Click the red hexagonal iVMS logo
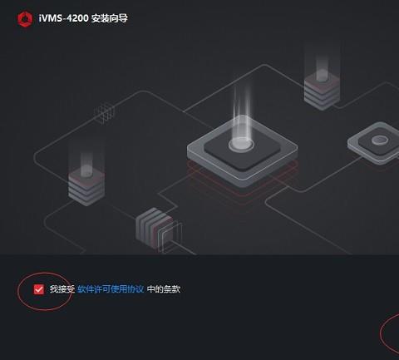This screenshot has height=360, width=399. coord(25,19)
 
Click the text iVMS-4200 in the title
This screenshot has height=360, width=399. coord(63,18)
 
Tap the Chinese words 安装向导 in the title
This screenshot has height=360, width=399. coord(110,18)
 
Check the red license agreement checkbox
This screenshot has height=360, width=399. coord(39,289)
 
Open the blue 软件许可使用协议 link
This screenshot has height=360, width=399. coord(111,289)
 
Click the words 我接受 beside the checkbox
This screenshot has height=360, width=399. coord(62,289)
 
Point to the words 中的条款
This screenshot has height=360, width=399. coord(164,289)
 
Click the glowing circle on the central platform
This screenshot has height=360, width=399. coord(241,145)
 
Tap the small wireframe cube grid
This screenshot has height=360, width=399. coord(104,113)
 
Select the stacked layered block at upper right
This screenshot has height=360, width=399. coord(322,91)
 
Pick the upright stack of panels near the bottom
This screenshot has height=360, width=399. coord(158,229)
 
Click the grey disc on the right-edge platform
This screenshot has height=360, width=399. coord(380,141)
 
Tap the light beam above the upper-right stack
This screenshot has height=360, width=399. coord(322,62)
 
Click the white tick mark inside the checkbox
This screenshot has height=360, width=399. coord(39,289)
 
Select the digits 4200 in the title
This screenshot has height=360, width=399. coord(78,18)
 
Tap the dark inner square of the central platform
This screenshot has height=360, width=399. coord(242,150)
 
